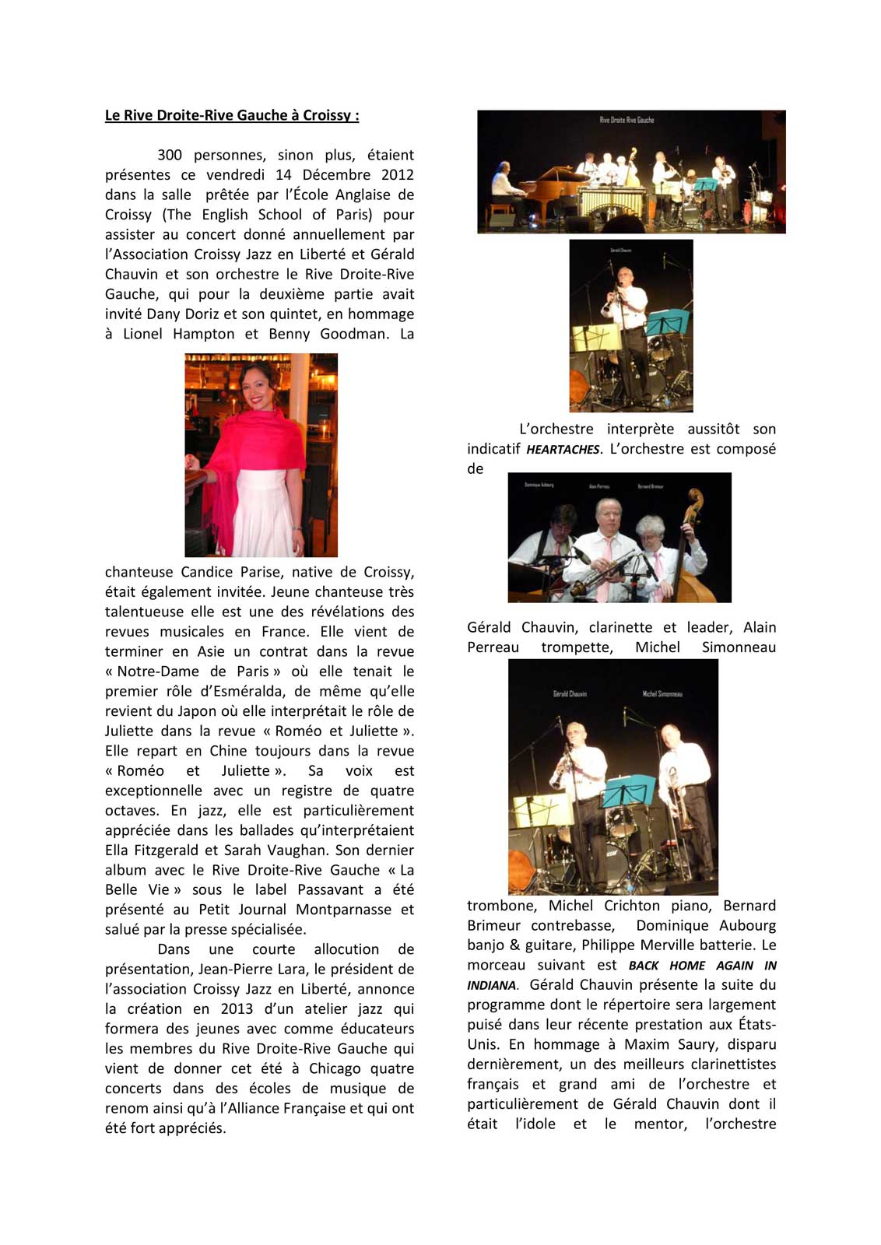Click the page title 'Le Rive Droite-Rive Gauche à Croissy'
coord(232,115)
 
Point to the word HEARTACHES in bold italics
coord(563,450)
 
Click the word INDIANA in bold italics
coord(491,986)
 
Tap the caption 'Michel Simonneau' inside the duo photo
coord(662,693)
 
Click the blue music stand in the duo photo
coord(629,791)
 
